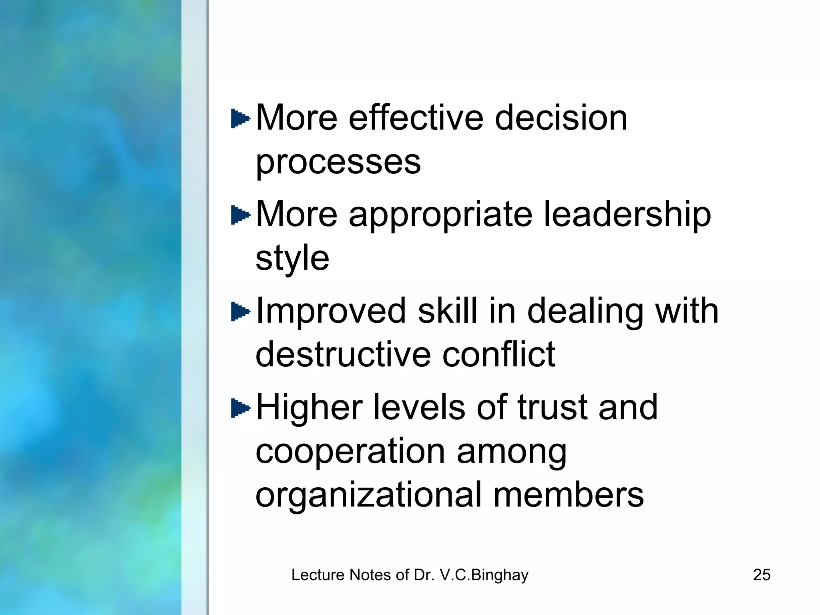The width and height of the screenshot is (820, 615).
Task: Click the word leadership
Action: [627, 215]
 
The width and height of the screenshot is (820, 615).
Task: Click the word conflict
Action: [499, 354]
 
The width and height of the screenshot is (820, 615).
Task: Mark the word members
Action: [569, 495]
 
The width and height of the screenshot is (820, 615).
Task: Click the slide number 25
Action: [762, 575]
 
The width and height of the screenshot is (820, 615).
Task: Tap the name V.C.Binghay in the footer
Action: [484, 575]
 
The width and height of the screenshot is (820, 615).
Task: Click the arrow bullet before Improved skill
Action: [240, 312]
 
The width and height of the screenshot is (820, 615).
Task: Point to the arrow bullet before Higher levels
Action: [240, 408]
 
